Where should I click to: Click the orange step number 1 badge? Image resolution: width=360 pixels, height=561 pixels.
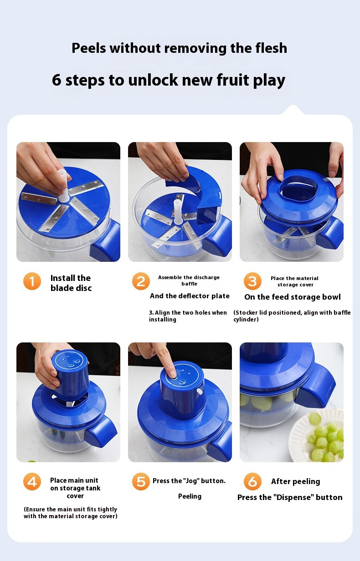(32, 281)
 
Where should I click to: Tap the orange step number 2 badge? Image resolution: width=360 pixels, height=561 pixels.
(141, 281)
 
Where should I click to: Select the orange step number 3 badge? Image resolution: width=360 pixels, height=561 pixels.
(252, 281)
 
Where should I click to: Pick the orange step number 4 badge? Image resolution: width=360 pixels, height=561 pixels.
(32, 481)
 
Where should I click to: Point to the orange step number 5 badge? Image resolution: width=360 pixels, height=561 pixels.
(141, 481)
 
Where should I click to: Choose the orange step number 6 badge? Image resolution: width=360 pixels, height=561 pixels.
(252, 481)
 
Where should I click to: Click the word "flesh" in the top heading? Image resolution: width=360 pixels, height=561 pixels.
(271, 48)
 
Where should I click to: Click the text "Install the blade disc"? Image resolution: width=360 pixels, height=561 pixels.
(71, 283)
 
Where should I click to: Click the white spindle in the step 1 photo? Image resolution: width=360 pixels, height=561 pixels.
(64, 186)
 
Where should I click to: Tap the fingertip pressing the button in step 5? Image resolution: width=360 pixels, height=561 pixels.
(172, 374)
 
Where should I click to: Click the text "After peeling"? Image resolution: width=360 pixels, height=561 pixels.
(296, 482)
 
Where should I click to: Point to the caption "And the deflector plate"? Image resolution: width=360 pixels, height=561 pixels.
(190, 296)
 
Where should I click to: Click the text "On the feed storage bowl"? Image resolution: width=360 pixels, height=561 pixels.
(293, 297)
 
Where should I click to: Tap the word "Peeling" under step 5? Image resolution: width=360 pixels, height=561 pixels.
(190, 496)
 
